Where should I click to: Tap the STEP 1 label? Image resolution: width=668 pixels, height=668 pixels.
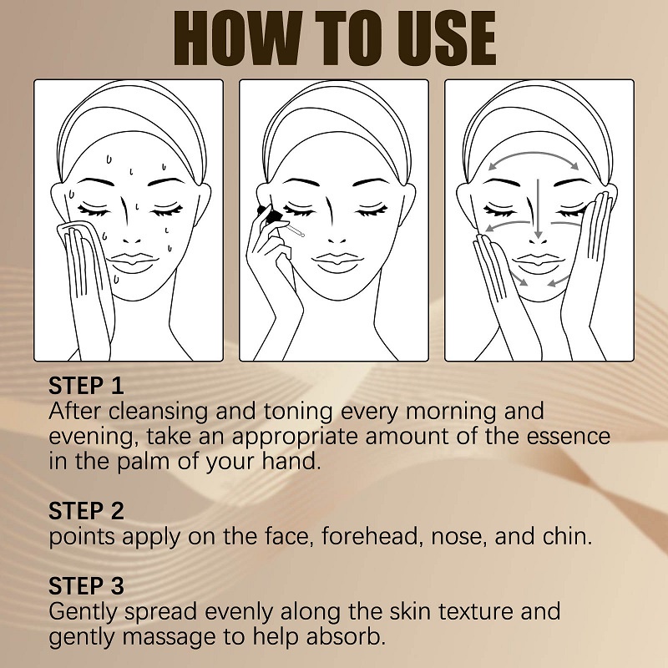(x=86, y=386)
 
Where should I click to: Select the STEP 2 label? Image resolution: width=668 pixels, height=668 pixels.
(x=86, y=510)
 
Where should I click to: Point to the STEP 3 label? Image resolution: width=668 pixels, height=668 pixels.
(x=86, y=585)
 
